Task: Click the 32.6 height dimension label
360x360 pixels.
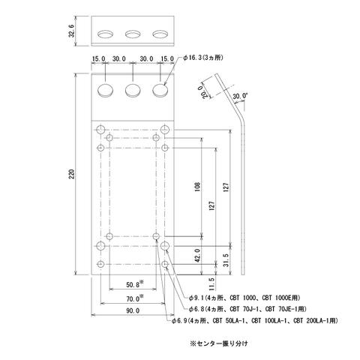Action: (72, 31)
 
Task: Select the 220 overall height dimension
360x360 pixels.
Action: (72, 174)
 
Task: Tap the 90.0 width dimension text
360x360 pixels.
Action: (133, 310)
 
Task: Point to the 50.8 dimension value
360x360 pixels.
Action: (133, 285)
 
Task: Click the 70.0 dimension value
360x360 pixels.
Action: (133, 298)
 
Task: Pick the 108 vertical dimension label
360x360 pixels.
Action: (197, 187)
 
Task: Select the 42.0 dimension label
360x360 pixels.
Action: (197, 255)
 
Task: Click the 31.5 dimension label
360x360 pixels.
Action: (226, 260)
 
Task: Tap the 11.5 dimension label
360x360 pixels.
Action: (211, 284)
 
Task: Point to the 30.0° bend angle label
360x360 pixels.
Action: (240, 96)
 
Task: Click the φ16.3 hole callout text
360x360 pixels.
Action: (203, 58)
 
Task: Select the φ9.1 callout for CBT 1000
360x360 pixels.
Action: (244, 298)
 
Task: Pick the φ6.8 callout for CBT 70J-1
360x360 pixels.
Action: (247, 309)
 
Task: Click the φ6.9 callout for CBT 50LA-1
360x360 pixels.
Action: (255, 320)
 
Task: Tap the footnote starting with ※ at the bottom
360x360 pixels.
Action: (219, 343)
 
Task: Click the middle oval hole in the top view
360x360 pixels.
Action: (133, 34)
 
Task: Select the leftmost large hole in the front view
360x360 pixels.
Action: (105, 90)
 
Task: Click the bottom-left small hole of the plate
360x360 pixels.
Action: (100, 264)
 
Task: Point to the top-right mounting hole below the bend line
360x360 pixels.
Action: (165, 130)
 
